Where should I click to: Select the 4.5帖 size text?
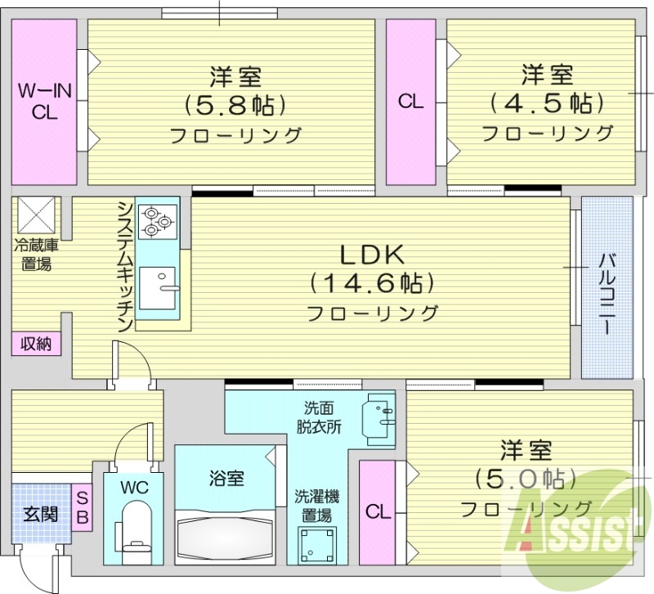(x=547, y=103)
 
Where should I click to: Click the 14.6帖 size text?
(x=372, y=283)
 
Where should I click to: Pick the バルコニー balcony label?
(x=607, y=293)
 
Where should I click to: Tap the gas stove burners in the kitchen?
(x=156, y=220)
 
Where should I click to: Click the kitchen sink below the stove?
(x=159, y=286)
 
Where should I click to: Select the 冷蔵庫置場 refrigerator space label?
(x=33, y=254)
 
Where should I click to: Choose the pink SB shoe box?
(x=83, y=508)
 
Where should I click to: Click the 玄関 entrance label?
(x=40, y=515)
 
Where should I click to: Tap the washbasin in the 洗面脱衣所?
(x=379, y=414)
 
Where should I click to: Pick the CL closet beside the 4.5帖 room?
(x=411, y=101)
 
